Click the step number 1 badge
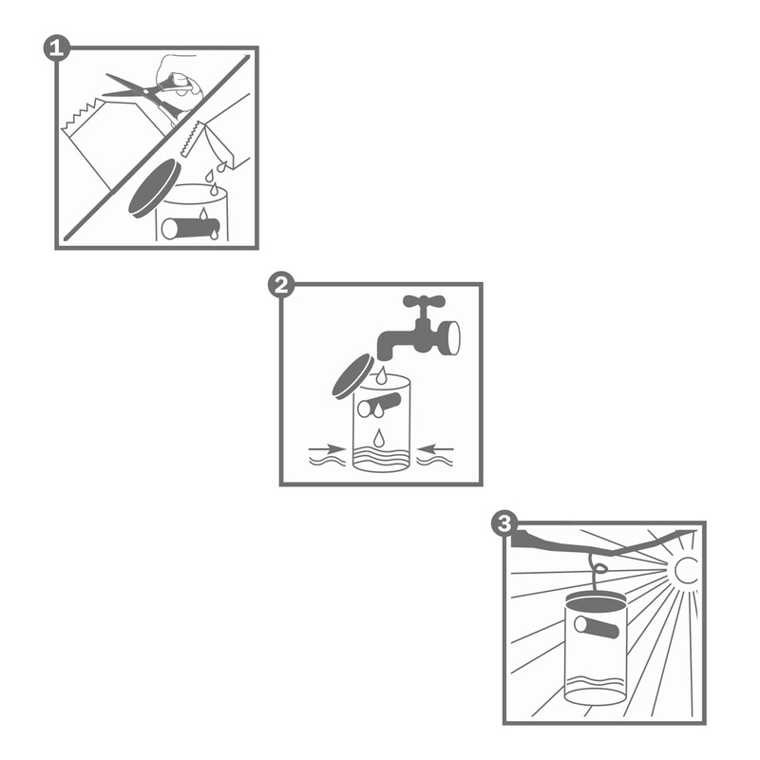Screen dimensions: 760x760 tap(56, 47)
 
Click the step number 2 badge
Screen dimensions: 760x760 tap(281, 284)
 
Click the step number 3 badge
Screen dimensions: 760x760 tap(504, 523)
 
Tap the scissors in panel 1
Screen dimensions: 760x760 tap(142, 89)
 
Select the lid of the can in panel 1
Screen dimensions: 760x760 tap(153, 187)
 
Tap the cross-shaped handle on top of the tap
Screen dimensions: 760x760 tap(424, 303)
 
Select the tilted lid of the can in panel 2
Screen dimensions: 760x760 tap(352, 375)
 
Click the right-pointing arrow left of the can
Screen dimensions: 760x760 tap(329, 446)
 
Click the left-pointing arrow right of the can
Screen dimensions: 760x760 tap(437, 446)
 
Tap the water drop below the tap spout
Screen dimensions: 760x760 tap(382, 377)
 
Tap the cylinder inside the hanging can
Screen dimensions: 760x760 tap(595, 627)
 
